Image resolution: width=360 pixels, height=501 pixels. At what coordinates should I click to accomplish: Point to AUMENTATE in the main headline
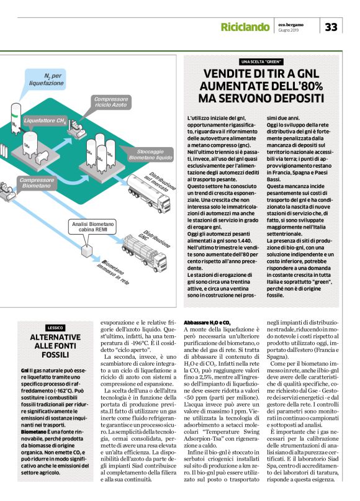pyautogui.click(x=237, y=85)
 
